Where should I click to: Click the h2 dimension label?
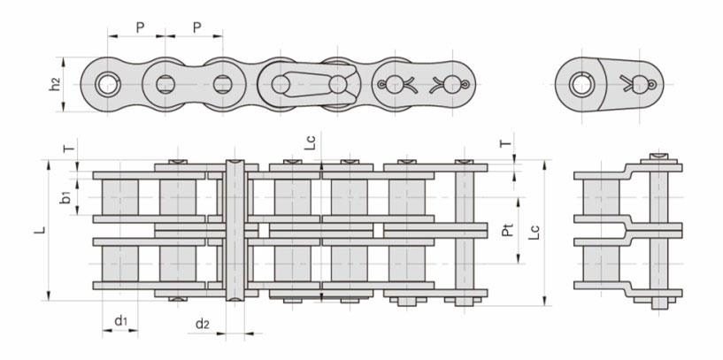(x=55, y=85)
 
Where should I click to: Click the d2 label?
(x=203, y=325)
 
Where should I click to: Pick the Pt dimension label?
(x=507, y=234)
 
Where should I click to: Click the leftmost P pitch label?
(x=140, y=27)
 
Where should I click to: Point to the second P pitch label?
(x=196, y=27)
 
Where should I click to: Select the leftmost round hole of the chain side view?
(x=108, y=85)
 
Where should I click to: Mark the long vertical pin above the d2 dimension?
(x=235, y=232)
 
